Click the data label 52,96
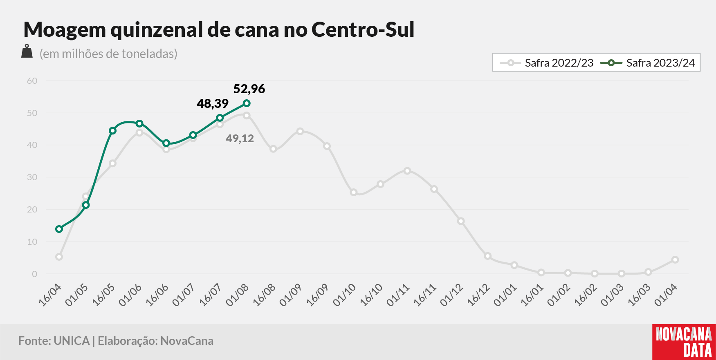pos(249,89)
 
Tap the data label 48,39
pos(213,103)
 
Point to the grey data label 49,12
pos(240,139)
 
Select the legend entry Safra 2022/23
pos(547,63)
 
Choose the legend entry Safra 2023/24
pos(648,63)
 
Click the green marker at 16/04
pos(59,229)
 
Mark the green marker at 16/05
pos(112,131)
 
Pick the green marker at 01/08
pos(247,103)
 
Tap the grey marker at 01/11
pos(407,171)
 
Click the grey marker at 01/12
pos(461,221)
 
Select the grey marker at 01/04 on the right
pos(675,259)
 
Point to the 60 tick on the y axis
pos(32,81)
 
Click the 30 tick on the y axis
pos(32,177)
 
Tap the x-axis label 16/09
pos(317,295)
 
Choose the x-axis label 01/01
pos(505,295)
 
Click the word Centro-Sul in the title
pos(363,29)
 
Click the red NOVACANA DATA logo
pos(684,342)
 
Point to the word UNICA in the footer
pos(72,341)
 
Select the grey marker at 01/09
pos(300,132)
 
